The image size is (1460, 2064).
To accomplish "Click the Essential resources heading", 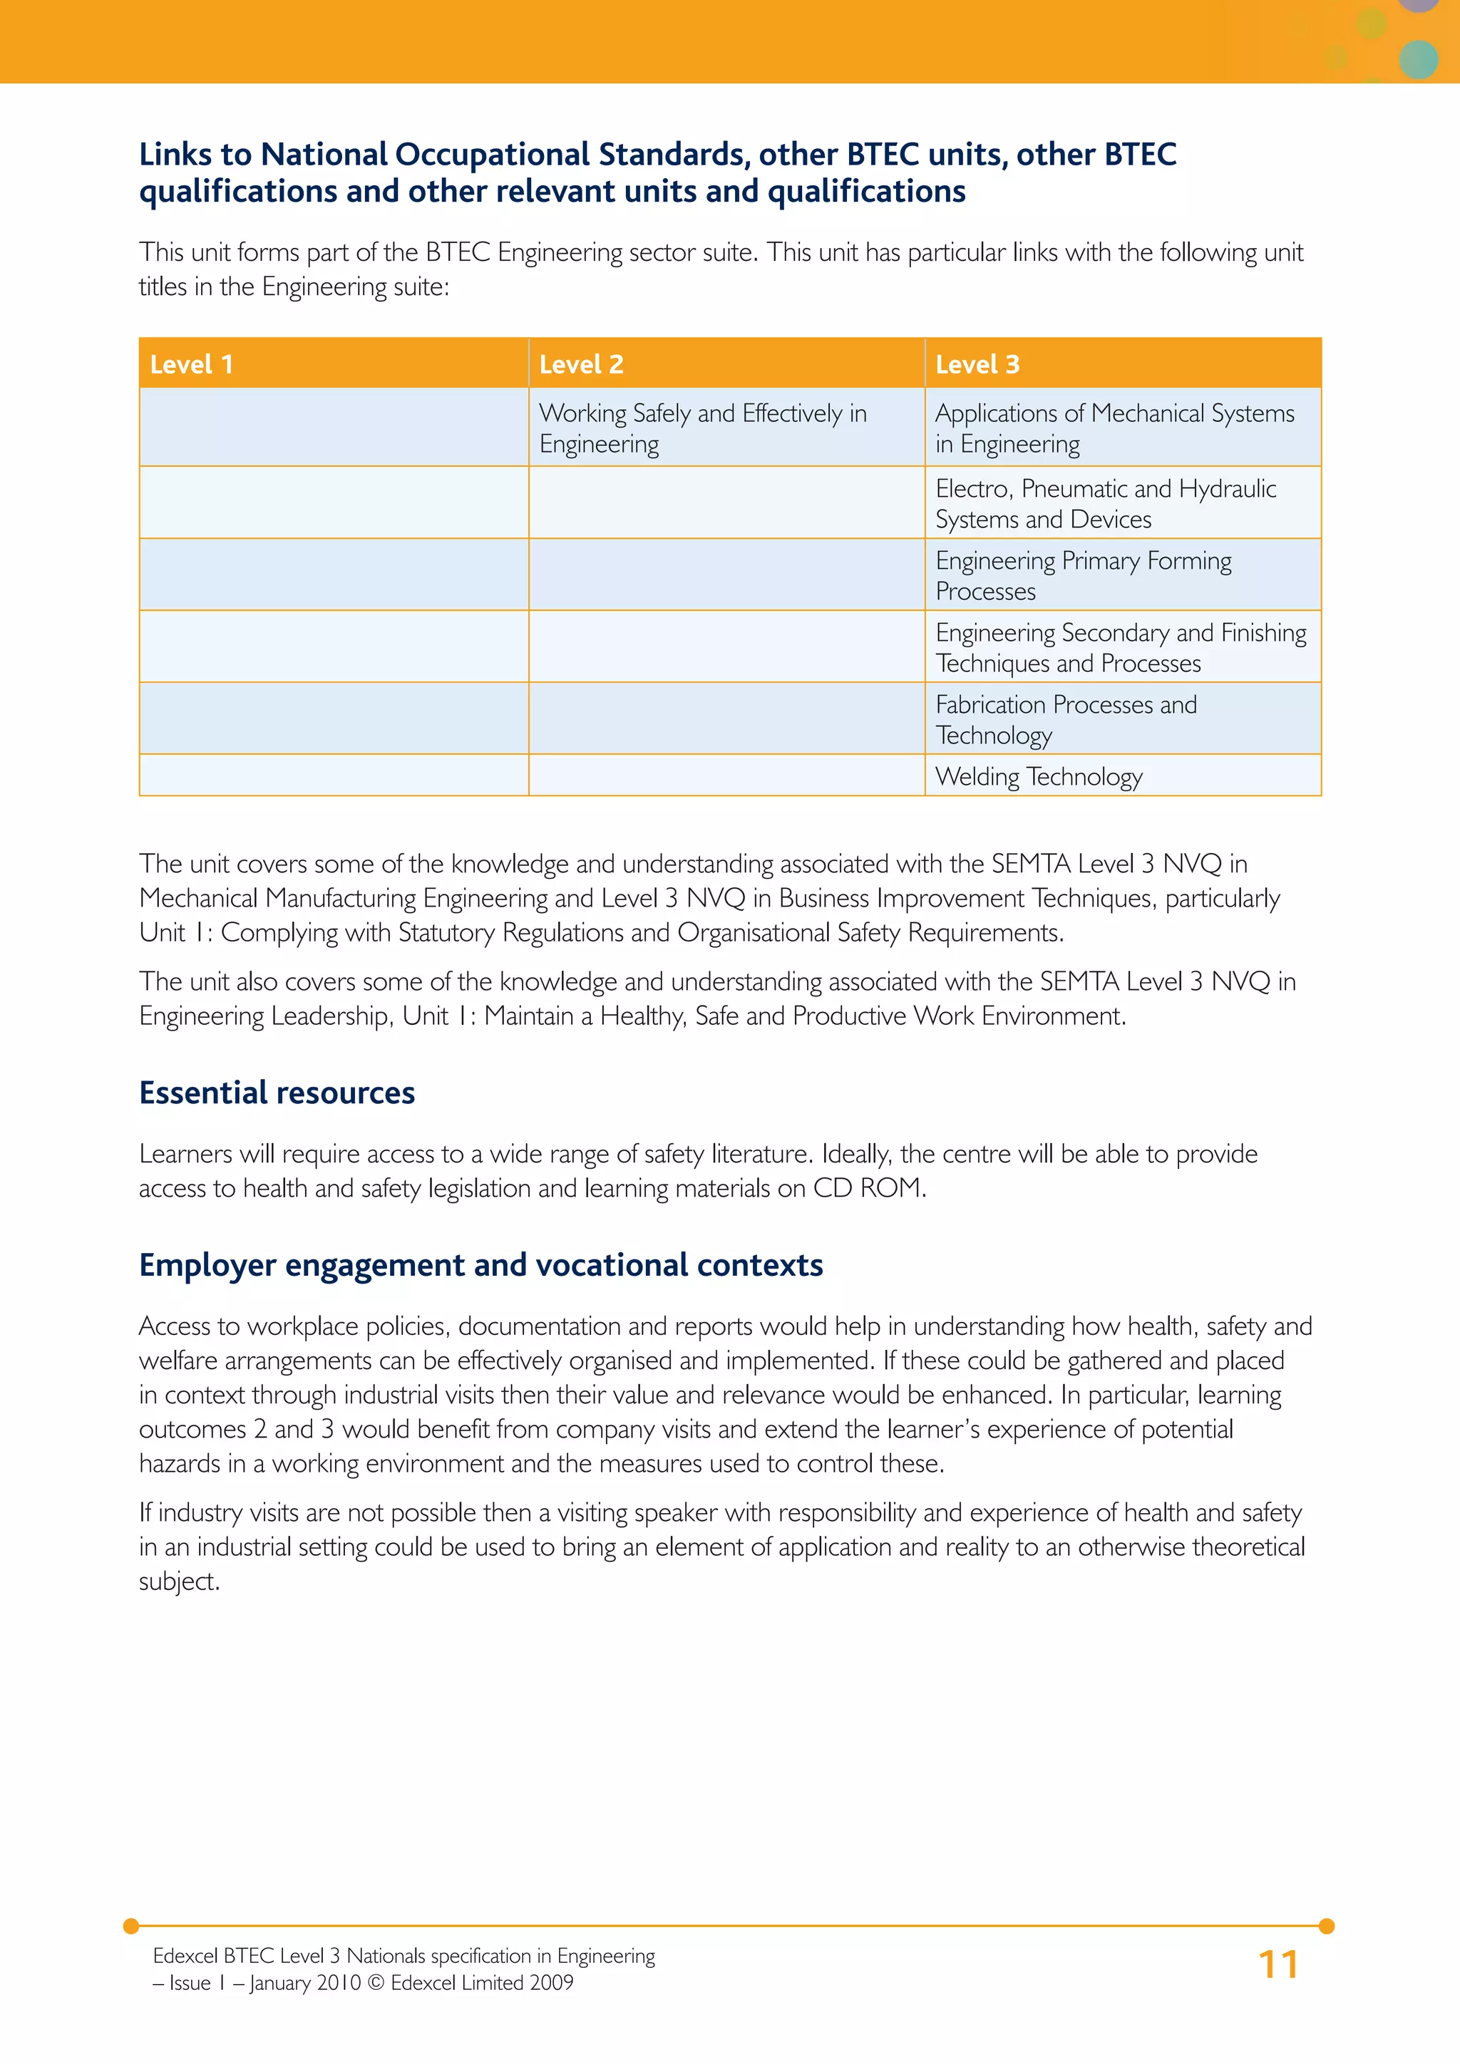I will point(277,1093).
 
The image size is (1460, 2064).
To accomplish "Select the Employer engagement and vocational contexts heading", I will point(481,1265).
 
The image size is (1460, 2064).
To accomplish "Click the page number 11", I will point(1277,1964).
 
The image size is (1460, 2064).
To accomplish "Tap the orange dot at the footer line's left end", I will point(131,1926).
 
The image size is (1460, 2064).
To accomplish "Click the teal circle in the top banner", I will point(1419,59).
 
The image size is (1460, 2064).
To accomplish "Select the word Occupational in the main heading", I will point(493,155).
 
